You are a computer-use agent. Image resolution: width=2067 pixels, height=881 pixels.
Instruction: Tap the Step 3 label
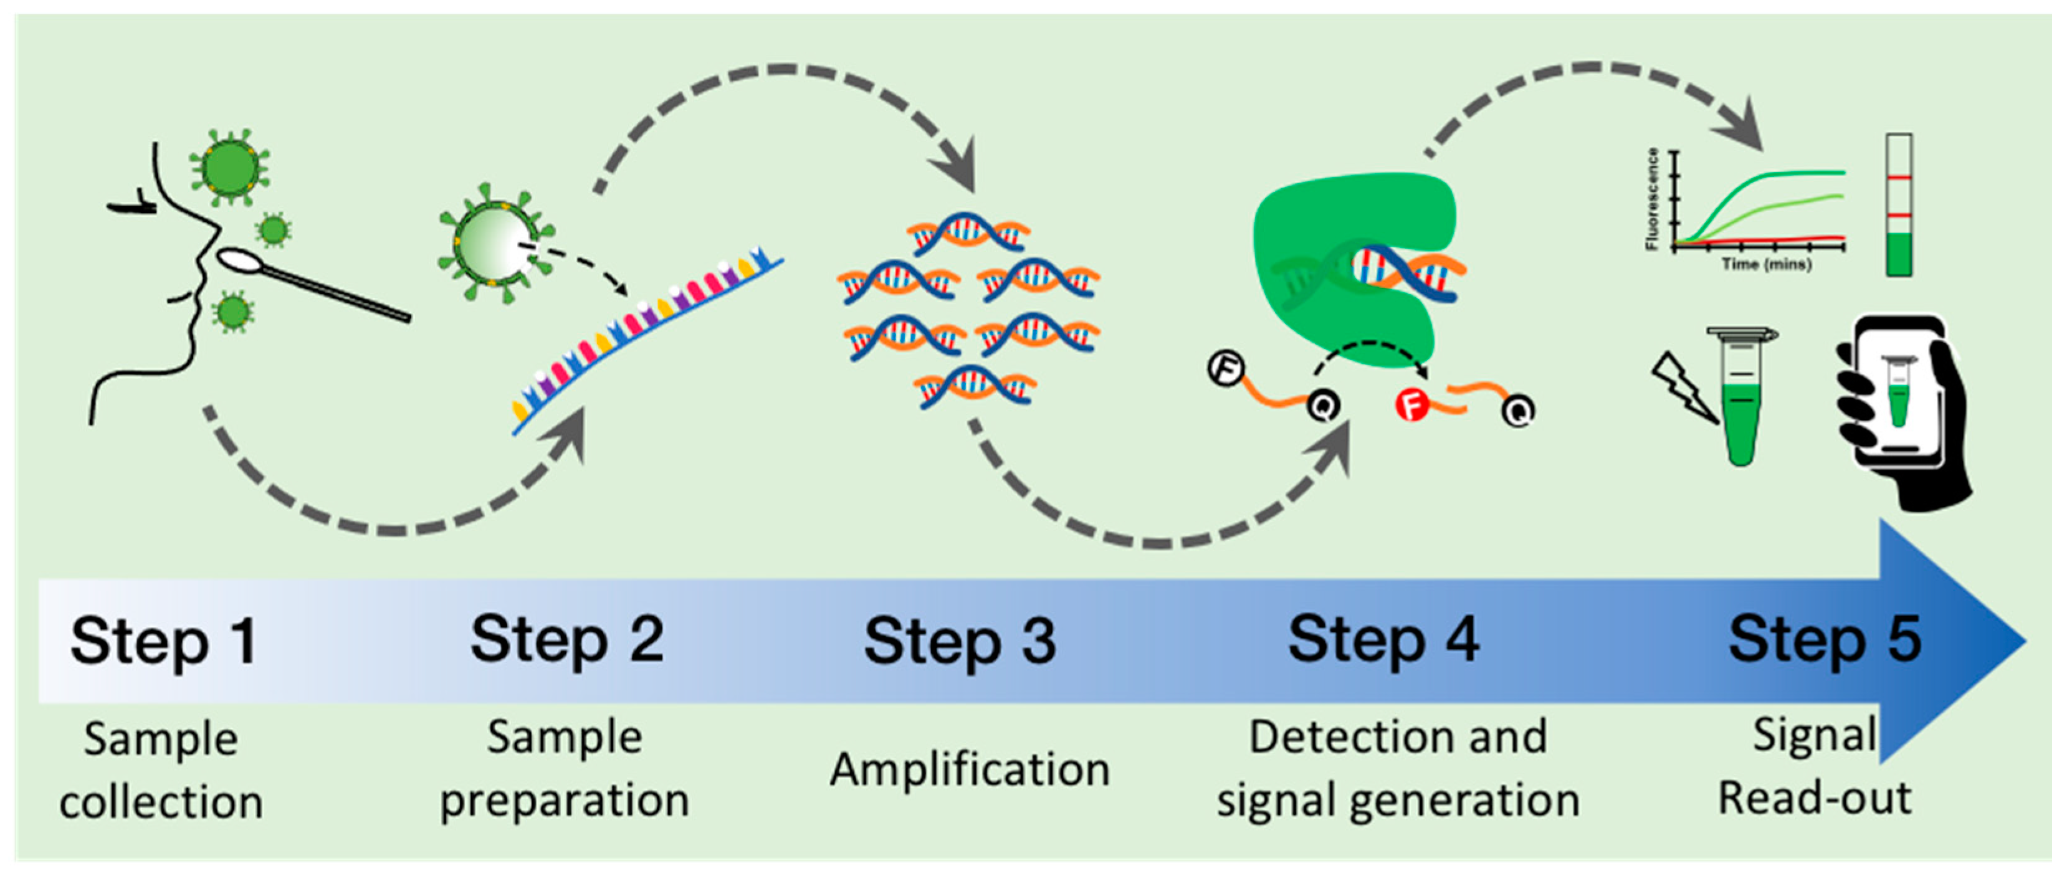click(x=960, y=641)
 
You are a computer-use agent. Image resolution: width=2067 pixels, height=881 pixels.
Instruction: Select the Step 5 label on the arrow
click(x=1825, y=639)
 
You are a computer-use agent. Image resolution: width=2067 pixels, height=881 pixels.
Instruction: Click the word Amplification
click(x=969, y=769)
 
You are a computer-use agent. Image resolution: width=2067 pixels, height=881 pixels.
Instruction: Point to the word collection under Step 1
click(x=161, y=802)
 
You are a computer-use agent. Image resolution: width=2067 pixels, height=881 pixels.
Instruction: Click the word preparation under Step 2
click(x=564, y=800)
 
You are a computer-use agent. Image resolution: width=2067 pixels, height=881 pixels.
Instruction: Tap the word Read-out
click(x=1814, y=798)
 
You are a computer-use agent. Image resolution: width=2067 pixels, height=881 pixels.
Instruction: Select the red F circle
click(x=1411, y=405)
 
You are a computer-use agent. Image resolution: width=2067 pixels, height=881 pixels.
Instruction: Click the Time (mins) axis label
click(x=1765, y=264)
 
